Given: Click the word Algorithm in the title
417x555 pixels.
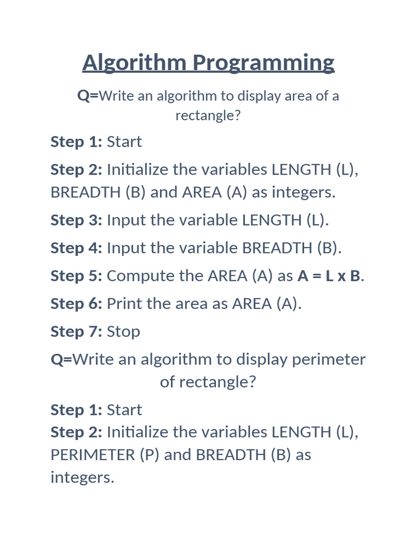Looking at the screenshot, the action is [135, 63].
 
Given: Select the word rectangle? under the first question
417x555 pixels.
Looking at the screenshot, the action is [207, 115].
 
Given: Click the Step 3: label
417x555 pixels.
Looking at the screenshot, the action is [76, 220].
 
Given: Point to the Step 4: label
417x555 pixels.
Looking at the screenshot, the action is [76, 248].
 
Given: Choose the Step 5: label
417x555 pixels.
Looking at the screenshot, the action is [76, 276].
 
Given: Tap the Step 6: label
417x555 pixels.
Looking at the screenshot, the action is [76, 304].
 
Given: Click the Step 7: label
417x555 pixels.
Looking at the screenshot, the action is [76, 331].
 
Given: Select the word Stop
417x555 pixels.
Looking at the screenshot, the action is [123, 332].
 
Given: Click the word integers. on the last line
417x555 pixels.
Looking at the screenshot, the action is [83, 477].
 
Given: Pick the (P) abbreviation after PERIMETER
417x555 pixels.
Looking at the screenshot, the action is [149, 454].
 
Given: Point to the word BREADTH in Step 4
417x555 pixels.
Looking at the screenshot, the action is [277, 248].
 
